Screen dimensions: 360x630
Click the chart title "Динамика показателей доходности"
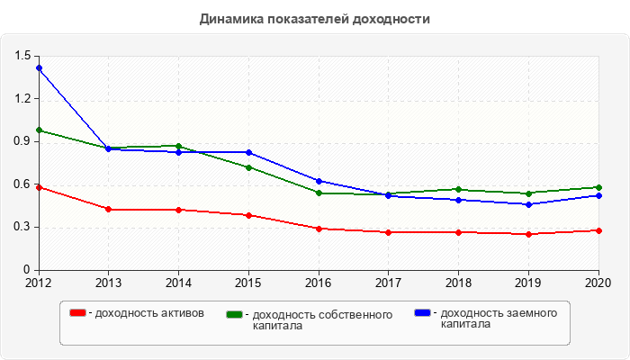315,19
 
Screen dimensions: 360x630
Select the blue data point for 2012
39,68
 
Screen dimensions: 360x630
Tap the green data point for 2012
39,130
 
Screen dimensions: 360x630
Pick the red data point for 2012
39,187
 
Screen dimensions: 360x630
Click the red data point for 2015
248,215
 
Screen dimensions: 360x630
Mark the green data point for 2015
248,167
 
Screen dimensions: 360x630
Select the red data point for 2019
529,234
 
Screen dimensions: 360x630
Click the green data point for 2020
599,187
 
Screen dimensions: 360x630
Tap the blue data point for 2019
529,204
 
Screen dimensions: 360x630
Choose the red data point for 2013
109,209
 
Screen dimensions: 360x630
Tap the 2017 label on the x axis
389,283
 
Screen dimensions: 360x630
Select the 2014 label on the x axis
178,283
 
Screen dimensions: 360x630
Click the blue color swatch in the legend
422,313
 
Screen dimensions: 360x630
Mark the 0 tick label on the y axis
27,269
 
